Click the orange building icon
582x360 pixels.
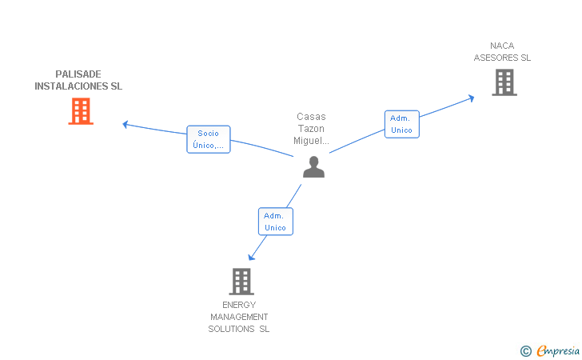click(x=81, y=111)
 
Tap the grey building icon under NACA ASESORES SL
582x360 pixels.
click(x=504, y=82)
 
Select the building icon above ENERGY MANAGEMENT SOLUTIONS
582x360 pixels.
click(x=241, y=282)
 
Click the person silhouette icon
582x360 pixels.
click(x=313, y=167)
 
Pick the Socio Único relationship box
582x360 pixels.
click(x=208, y=139)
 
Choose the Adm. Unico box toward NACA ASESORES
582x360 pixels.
click(x=401, y=124)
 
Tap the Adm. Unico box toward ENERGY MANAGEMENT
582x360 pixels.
click(x=275, y=222)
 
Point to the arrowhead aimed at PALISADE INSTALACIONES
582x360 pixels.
click(x=126, y=125)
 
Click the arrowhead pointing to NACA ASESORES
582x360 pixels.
click(x=472, y=98)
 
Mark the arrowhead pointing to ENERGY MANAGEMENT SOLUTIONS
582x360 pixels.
click(x=251, y=257)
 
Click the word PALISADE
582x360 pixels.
click(x=78, y=74)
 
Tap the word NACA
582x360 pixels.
click(x=502, y=46)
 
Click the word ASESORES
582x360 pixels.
click(x=496, y=58)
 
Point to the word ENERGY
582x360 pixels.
click(x=239, y=305)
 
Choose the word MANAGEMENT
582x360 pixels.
click(x=239, y=317)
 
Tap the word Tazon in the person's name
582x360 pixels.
click(x=311, y=129)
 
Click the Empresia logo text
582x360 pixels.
click(x=558, y=350)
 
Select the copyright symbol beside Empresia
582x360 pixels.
click(x=526, y=351)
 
